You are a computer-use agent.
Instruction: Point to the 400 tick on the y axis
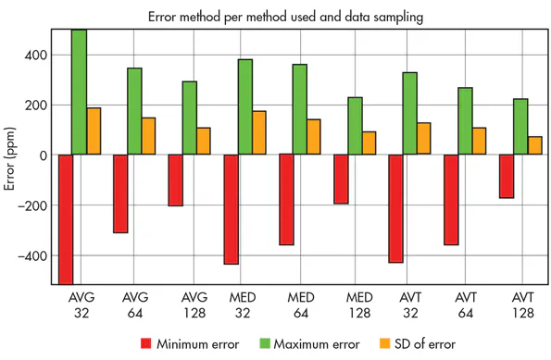[x=36, y=56]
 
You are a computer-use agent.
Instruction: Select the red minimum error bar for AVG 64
[x=120, y=193]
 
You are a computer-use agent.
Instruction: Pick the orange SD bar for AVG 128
[x=203, y=141]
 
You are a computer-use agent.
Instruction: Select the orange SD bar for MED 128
[x=369, y=143]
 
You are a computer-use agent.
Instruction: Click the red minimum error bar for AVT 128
[x=507, y=176]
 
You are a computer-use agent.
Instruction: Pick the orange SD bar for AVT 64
[x=479, y=141]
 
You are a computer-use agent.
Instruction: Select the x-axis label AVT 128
[x=522, y=305]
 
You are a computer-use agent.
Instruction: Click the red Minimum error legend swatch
[x=144, y=344]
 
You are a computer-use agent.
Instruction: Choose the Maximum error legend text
[x=317, y=344]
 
